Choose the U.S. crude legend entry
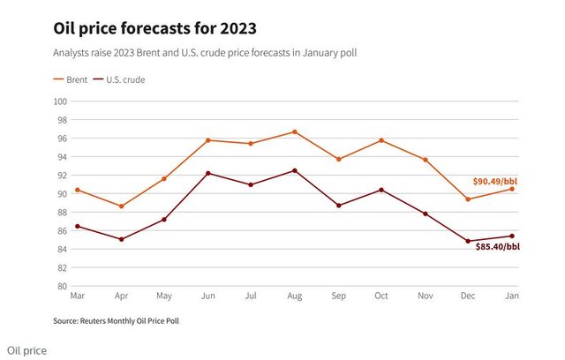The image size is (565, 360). pos(124,79)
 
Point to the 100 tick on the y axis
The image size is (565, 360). pos(62,101)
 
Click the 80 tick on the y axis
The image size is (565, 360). pos(64,286)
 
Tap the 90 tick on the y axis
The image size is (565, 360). pos(64,194)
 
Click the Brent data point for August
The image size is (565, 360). pos(294,131)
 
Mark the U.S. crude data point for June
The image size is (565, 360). pos(207,173)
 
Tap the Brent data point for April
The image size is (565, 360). pos(121,206)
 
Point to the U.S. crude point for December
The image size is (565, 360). pos(467,241)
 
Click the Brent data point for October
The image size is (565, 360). pos(380,140)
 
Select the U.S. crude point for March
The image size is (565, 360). pos(78,227)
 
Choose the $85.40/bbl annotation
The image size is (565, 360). pos(497,247)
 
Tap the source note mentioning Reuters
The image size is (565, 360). pos(123,320)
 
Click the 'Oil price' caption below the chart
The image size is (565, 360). pos(26,350)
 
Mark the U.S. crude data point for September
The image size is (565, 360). pos(337,206)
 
